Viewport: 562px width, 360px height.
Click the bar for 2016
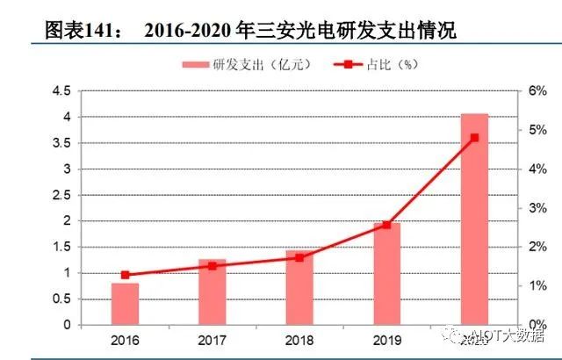pos(125,304)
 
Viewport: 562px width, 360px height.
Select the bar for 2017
pos(212,292)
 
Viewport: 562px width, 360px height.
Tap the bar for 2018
pos(299,288)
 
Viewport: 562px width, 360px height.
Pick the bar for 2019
pos(386,274)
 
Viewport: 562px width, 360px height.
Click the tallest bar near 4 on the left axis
pos(474,220)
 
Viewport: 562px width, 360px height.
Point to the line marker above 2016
pos(125,275)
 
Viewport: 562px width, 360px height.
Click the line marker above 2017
pos(212,265)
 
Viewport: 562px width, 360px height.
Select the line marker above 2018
pos(299,258)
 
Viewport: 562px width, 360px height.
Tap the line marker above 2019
pos(386,225)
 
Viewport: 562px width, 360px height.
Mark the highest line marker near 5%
pos(474,138)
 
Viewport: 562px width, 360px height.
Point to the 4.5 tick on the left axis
pos(61,91)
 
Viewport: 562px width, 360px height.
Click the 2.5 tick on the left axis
pos(61,195)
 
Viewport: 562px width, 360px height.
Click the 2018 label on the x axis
pos(299,339)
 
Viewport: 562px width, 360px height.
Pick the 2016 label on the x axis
pos(125,339)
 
